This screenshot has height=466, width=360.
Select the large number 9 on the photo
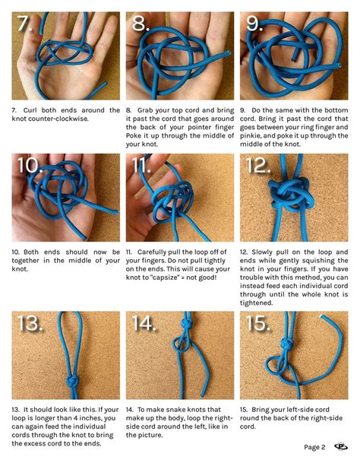coord(254,25)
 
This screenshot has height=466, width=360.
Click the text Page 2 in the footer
coord(314,447)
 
